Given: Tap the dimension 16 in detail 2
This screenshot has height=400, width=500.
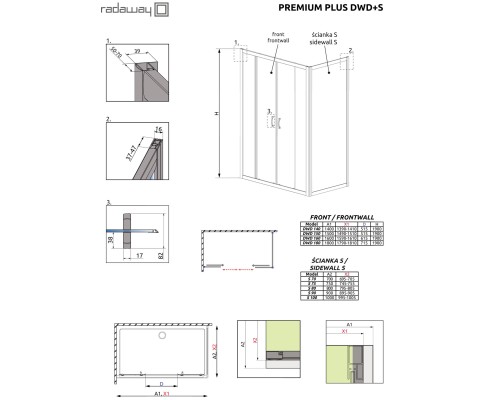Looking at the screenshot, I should pos(158,129).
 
